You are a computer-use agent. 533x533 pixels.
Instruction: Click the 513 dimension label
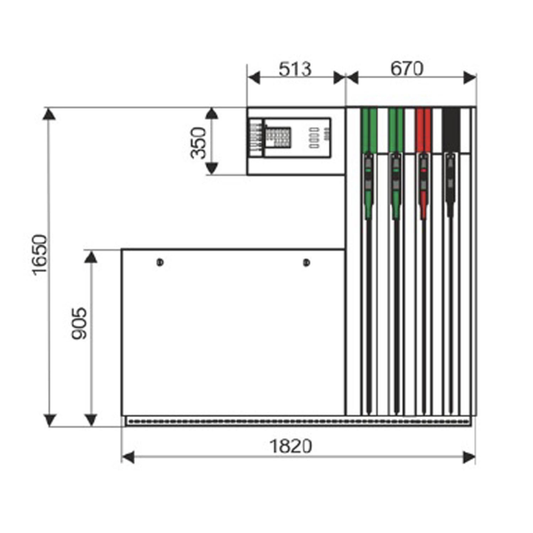(x=295, y=69)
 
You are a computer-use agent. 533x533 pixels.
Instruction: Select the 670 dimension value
(x=407, y=68)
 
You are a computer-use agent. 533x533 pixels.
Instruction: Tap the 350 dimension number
(x=198, y=143)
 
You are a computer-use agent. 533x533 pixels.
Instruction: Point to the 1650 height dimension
(x=40, y=254)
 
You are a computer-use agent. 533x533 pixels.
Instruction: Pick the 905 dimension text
(x=79, y=324)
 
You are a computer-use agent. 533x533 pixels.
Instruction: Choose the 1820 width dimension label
(x=290, y=446)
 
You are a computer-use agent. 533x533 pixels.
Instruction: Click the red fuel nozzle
(x=423, y=186)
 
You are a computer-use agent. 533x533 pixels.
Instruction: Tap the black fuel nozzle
(x=450, y=185)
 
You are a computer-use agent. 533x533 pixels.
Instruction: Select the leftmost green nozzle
(x=369, y=186)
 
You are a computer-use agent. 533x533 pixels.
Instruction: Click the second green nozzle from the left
(x=396, y=186)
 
